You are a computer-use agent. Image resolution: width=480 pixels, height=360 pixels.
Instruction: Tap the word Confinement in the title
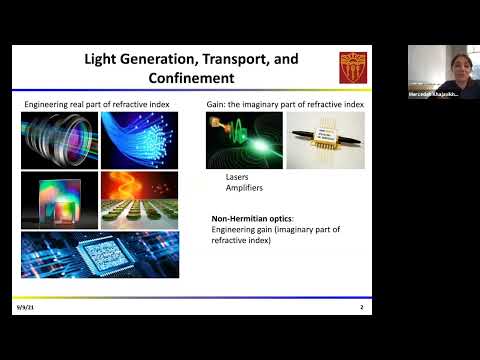click(191, 77)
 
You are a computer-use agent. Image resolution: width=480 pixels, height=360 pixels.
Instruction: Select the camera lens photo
click(59, 140)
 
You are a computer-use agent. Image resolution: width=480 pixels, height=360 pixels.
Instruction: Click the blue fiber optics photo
click(139, 140)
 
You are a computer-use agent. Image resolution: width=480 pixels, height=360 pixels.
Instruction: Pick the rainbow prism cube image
click(59, 200)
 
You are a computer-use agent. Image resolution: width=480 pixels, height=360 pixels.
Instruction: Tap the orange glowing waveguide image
click(139, 184)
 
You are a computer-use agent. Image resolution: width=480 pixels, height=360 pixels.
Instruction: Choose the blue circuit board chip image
click(100, 254)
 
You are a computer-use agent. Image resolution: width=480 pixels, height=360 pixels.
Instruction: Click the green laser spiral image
click(243, 140)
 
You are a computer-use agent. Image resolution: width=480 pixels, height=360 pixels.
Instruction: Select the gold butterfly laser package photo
click(325, 140)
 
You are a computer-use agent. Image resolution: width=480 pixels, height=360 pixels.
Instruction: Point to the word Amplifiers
click(231, 188)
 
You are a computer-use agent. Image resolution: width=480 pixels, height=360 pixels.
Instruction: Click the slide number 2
click(361, 307)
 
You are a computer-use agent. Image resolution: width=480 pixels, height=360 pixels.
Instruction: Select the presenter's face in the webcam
click(436, 67)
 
